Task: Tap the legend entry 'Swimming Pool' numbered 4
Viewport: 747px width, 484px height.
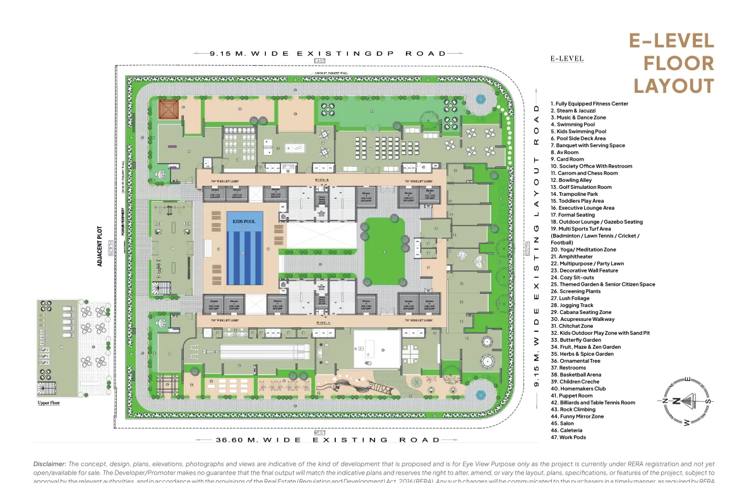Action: coord(575,124)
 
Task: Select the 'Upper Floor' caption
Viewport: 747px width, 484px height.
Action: coord(49,402)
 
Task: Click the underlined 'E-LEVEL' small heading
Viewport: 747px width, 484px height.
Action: coord(566,59)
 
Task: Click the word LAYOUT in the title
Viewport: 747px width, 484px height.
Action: coord(674,85)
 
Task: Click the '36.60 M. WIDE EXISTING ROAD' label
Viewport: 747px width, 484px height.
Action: coord(319,440)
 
